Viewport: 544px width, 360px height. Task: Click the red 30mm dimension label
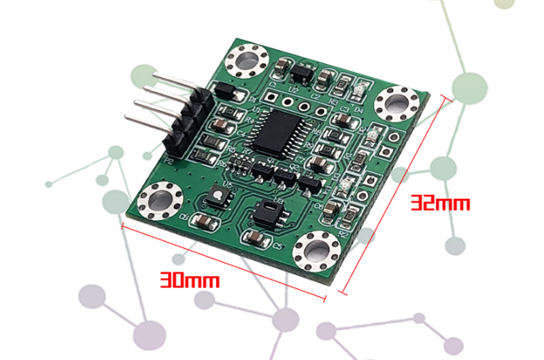(190, 280)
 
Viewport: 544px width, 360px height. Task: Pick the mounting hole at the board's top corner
(245, 63)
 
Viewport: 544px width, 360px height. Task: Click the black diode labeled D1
(224, 91)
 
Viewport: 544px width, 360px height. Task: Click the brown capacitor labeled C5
(253, 237)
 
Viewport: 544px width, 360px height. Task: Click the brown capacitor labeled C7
(319, 163)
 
